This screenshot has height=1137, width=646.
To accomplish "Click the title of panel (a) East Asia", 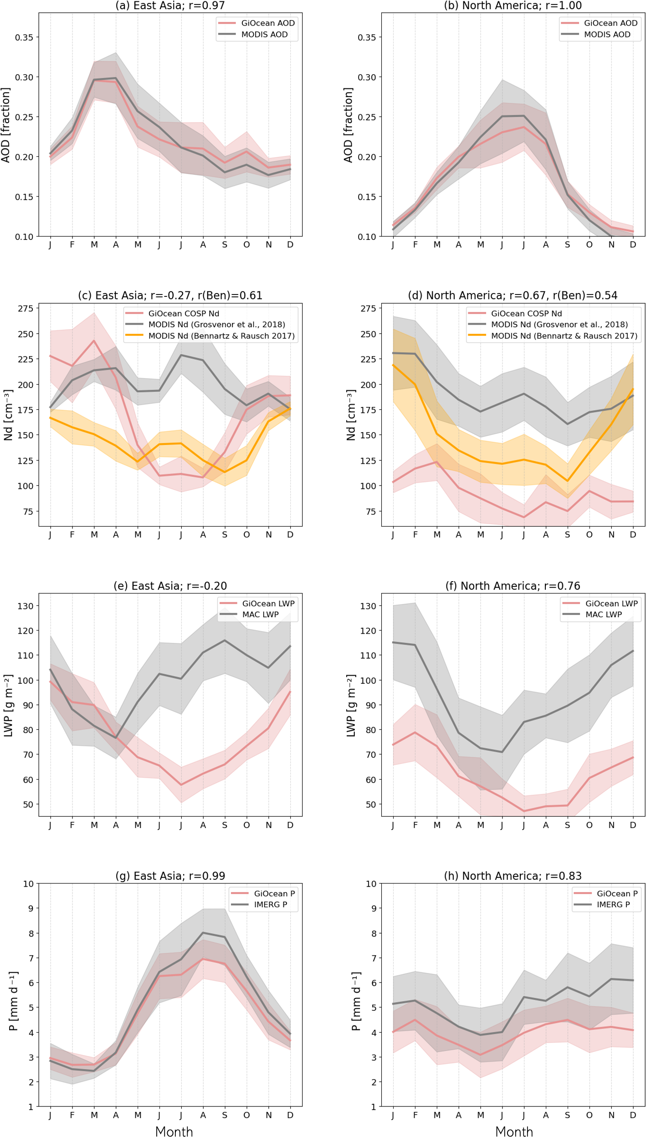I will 170,5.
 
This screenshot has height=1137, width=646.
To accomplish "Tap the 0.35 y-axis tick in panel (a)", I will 24,37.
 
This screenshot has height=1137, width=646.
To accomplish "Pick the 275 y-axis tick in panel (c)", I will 26,309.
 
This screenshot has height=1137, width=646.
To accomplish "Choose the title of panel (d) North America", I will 513,295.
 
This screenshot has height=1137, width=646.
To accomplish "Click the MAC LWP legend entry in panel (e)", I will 260,615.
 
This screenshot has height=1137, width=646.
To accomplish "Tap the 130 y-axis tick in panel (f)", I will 368,606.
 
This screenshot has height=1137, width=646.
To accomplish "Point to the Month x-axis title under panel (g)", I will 174,1128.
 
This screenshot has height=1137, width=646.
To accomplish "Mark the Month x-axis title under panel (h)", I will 514,1128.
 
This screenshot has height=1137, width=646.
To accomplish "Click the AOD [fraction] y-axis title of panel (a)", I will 5,125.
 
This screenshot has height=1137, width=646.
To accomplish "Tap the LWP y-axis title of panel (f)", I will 351,706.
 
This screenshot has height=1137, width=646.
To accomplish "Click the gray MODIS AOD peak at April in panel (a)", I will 116,78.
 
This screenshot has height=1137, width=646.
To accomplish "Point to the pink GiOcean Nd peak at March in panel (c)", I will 94,341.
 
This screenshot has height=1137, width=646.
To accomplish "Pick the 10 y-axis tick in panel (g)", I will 28,884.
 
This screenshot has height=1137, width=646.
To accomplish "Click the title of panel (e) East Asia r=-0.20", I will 170,586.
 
